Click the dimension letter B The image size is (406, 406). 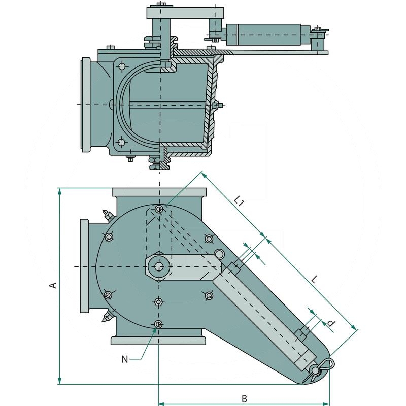[244, 398]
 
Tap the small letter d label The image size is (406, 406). [331, 323]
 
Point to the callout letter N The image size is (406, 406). [125, 359]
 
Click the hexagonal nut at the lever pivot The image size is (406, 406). [159, 266]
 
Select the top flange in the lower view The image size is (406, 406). [159, 193]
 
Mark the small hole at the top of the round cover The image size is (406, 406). [159, 209]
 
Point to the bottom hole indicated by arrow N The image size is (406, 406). [159, 324]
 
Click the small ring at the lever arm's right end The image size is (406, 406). [219, 254]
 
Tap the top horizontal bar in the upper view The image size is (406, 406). [185, 12]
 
